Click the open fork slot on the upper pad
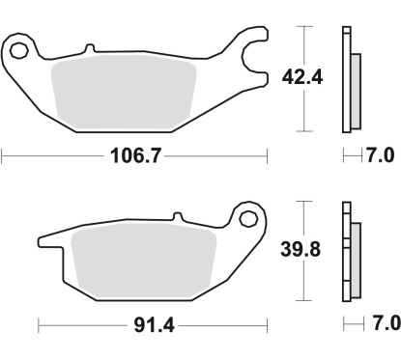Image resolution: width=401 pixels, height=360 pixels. (x=254, y=49)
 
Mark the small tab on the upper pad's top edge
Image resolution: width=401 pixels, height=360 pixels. (x=89, y=46)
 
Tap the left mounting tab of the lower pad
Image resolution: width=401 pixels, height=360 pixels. (x=48, y=238)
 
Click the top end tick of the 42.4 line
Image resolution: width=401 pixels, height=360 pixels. (x=306, y=28)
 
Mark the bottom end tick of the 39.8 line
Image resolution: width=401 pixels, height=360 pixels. (x=306, y=299)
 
